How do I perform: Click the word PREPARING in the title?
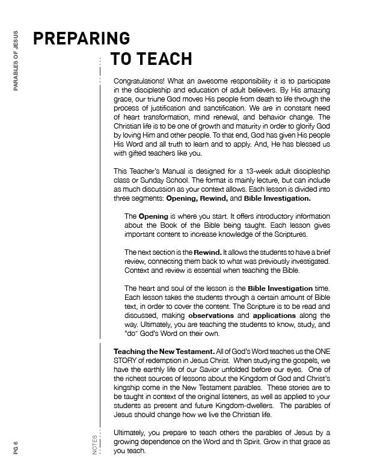(82, 38)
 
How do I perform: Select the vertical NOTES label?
(95, 445)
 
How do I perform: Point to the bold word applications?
(274, 315)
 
